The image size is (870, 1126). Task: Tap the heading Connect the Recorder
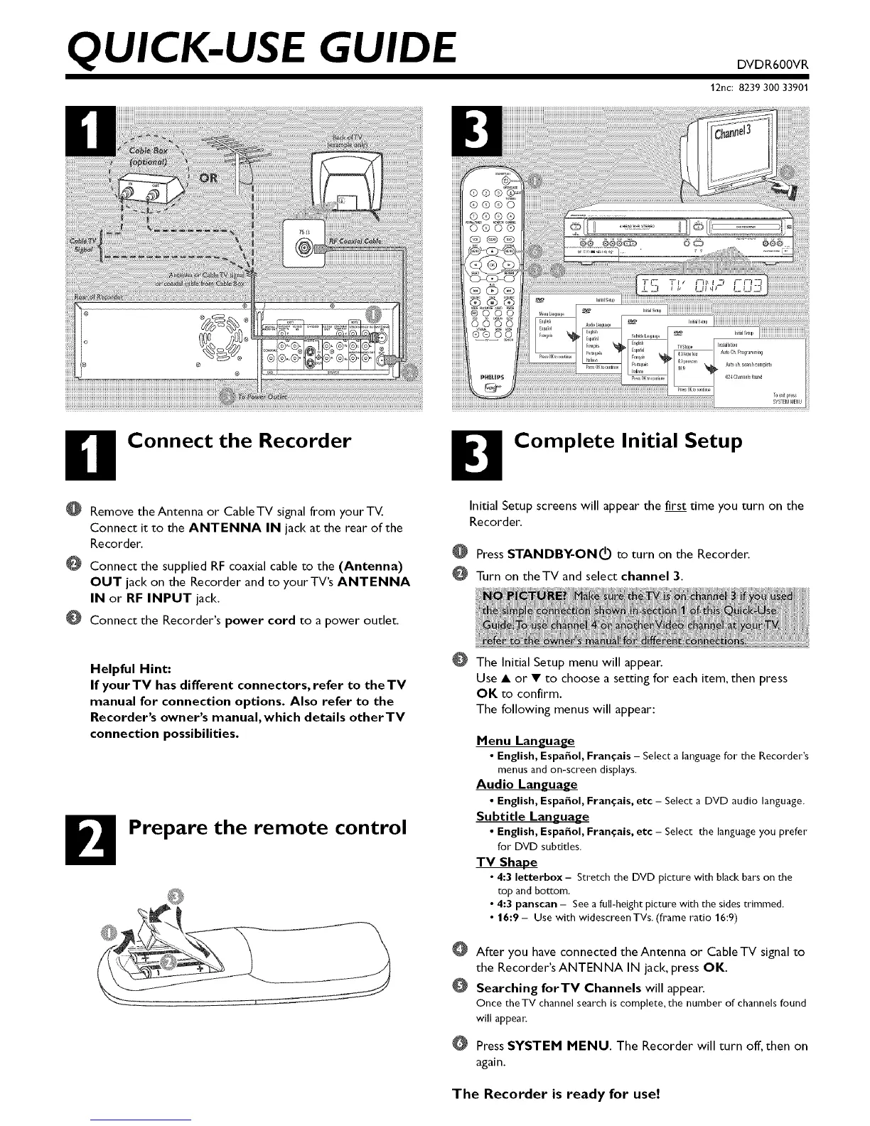(x=240, y=441)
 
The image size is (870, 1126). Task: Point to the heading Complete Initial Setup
(x=628, y=441)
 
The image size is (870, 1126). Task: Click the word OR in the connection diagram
(x=212, y=176)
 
